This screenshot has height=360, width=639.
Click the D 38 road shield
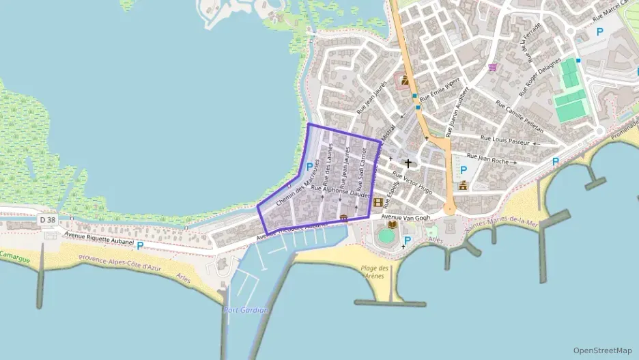click(47, 220)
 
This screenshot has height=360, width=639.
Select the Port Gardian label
click(246, 310)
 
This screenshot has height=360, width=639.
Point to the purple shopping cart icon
click(492, 67)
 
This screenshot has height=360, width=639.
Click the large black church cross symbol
click(408, 163)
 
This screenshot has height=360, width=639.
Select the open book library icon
click(393, 223)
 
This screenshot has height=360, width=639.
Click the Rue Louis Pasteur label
click(505, 140)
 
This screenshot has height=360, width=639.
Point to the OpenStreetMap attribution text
click(602, 350)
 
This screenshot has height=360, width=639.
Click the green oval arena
click(387, 236)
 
